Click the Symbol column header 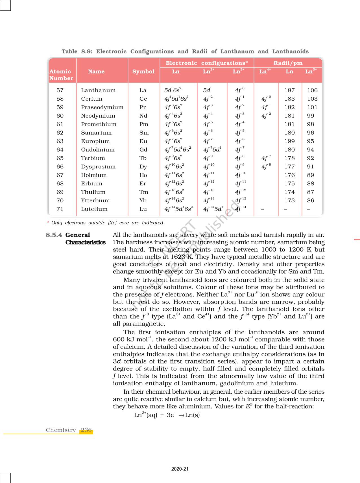click(x=143, y=72)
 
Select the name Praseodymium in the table click(x=102, y=107)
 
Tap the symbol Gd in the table click(x=143, y=150)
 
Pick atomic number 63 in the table click(x=60, y=141)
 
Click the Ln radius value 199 click(x=289, y=141)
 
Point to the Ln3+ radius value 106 click(x=312, y=90)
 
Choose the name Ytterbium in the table click(x=95, y=201)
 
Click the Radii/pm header click(x=288, y=63)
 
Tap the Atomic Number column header click(x=61, y=75)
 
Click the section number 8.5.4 click(x=54, y=235)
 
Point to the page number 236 click(x=86, y=430)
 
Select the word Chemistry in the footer click(x=61, y=430)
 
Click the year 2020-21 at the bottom click(x=180, y=469)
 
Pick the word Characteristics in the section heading click(x=86, y=242)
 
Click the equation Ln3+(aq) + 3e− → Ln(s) click(x=167, y=415)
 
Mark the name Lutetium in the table click(x=94, y=209)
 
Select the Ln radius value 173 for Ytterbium click(x=289, y=201)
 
